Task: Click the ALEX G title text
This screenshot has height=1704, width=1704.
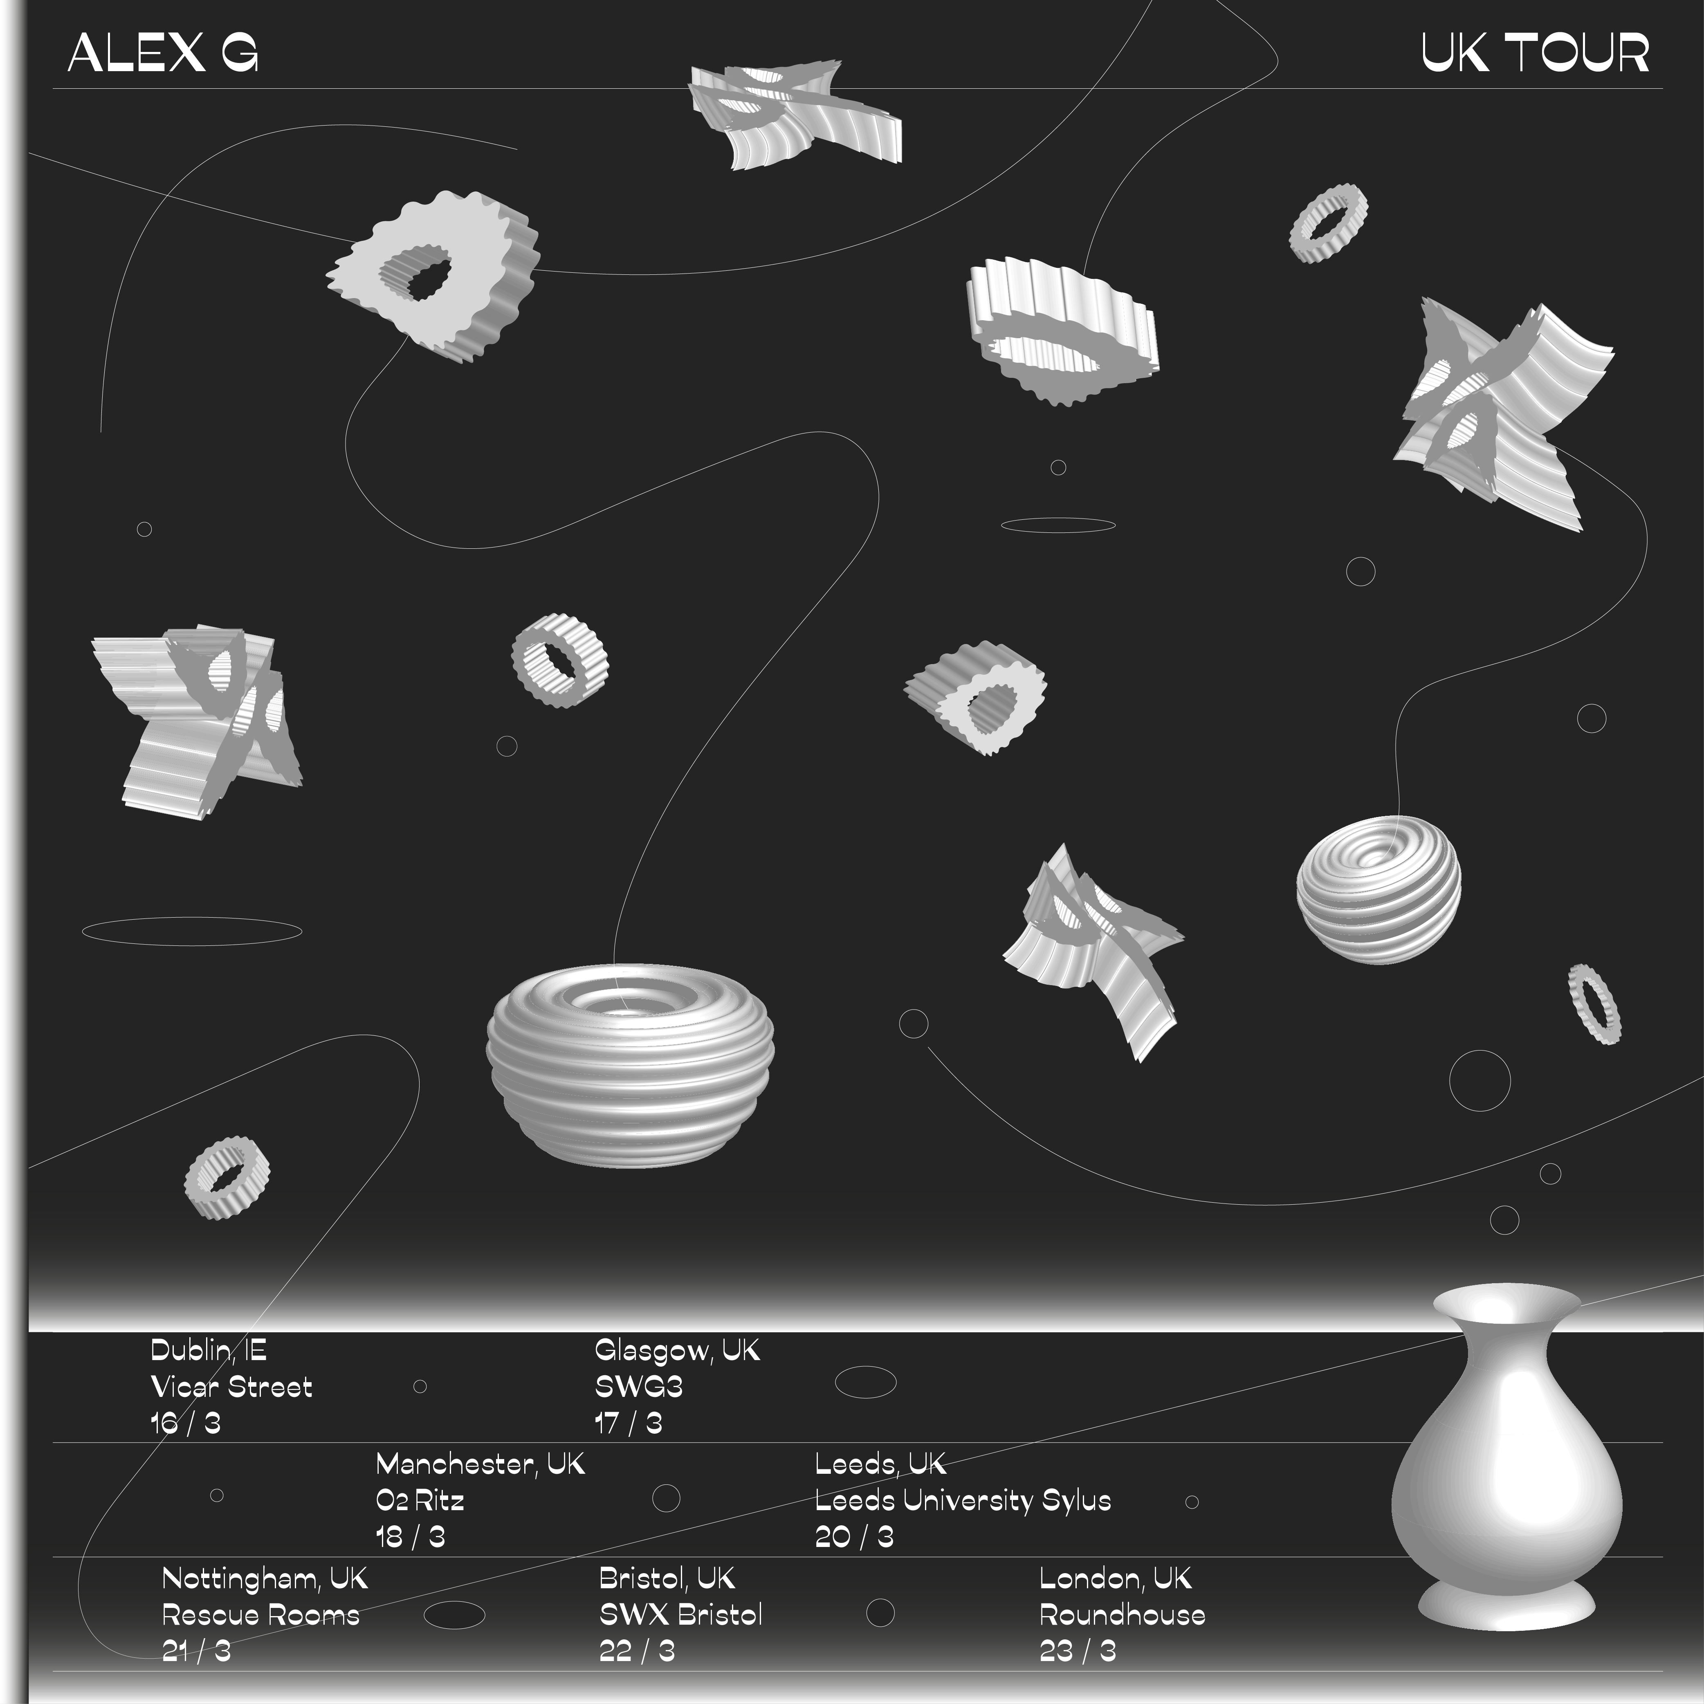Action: tap(163, 53)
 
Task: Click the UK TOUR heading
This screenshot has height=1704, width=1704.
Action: tap(1535, 53)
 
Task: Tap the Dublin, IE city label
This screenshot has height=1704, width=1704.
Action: tap(208, 1350)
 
